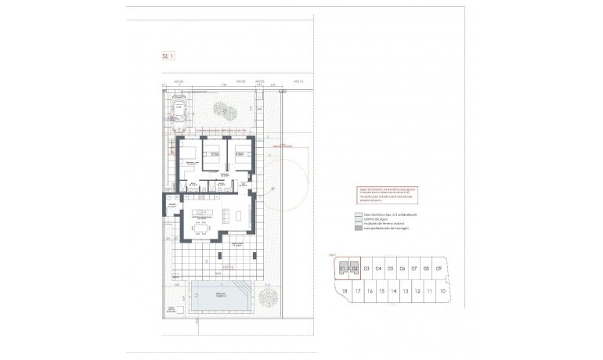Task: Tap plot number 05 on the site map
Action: tap(390, 268)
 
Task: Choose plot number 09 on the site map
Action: tap(439, 268)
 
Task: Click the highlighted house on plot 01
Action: tap(343, 268)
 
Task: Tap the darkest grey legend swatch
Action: tap(359, 230)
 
